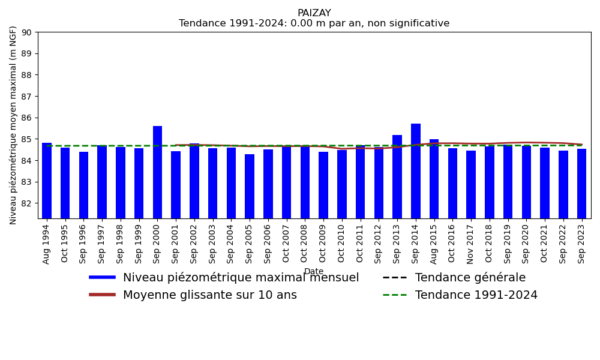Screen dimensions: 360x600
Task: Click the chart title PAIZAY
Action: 314,13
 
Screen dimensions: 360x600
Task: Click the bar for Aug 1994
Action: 47,181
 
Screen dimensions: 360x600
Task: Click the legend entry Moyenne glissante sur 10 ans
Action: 209,295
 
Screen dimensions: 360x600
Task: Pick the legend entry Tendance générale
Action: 470,278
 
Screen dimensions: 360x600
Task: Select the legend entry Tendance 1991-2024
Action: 476,295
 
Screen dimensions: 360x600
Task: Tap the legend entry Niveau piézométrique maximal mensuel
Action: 241,278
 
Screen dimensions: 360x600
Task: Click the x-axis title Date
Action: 314,272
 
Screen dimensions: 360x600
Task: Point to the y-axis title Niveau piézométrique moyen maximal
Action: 14,125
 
